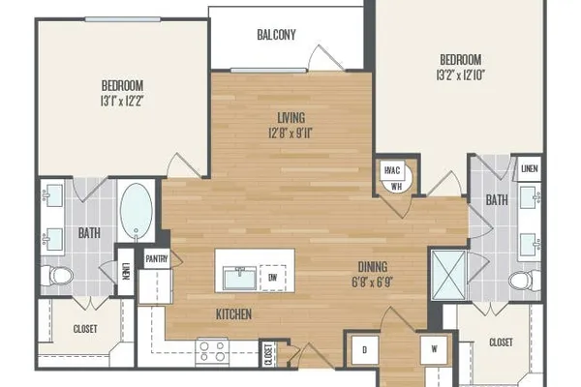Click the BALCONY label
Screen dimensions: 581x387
[x=276, y=35]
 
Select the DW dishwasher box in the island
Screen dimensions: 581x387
[x=273, y=278]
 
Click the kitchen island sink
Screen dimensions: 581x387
[x=239, y=278]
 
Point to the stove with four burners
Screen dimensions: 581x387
[x=212, y=350]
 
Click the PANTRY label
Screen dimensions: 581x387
[x=157, y=259]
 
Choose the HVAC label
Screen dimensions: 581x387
[x=392, y=170]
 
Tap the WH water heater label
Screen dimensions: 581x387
[x=396, y=186]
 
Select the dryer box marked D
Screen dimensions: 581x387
[x=365, y=349]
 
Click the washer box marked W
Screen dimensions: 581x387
[x=434, y=349]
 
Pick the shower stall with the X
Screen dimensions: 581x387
[x=448, y=275]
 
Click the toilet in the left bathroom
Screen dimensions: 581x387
[x=57, y=276]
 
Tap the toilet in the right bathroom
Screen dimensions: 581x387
[x=524, y=281]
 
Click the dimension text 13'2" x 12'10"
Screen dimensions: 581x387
[x=461, y=75]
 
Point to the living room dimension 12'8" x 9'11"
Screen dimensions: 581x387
[x=291, y=133]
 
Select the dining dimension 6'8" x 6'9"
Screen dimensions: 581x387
[x=372, y=283]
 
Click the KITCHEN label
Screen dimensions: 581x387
[x=233, y=314]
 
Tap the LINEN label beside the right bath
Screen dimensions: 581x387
[x=529, y=169]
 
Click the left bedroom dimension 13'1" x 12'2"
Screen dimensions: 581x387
[x=122, y=101]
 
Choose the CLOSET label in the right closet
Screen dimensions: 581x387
[x=501, y=342]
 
